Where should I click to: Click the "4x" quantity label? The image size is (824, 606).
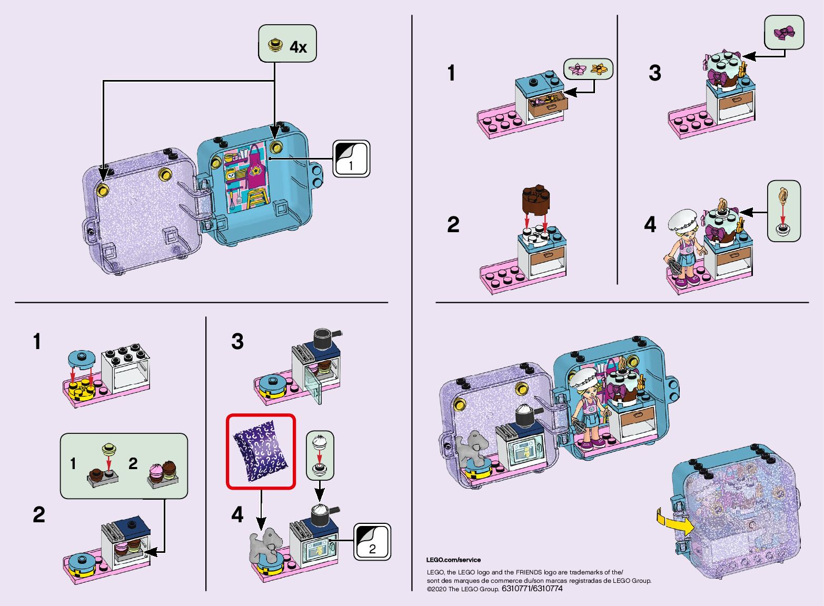(298, 47)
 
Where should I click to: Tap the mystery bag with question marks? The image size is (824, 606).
(261, 451)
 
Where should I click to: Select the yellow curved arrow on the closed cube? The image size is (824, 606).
(674, 521)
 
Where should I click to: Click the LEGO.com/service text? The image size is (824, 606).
(453, 560)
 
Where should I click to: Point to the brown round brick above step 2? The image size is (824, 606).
(536, 200)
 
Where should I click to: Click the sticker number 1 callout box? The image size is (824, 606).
(351, 158)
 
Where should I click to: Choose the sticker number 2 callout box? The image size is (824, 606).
(372, 541)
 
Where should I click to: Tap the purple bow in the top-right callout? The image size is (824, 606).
(784, 33)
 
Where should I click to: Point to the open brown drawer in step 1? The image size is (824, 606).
(548, 104)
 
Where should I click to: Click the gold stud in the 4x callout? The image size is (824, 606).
(274, 45)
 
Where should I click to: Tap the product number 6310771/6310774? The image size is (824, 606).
(532, 589)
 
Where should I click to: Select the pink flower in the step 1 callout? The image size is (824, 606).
(578, 69)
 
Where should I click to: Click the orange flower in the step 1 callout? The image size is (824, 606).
(599, 68)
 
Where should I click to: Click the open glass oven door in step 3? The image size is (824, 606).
(315, 388)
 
